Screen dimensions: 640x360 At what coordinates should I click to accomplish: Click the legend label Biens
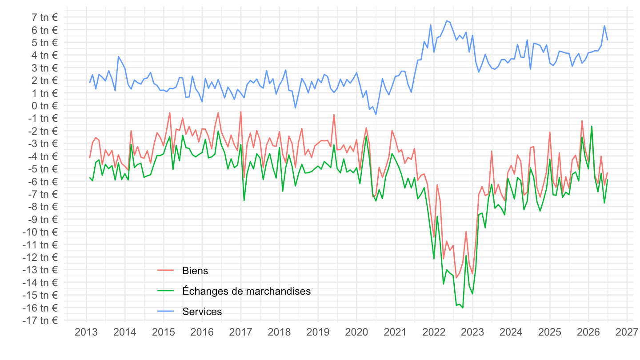click(195, 271)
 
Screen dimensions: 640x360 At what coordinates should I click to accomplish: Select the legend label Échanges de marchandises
click(246, 291)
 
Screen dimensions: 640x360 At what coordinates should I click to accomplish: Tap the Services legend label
click(202, 312)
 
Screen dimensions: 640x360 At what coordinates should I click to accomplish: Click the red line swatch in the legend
click(166, 270)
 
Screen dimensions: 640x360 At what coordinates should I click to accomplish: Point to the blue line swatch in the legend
click(166, 311)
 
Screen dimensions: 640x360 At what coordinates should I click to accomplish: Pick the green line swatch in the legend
click(166, 291)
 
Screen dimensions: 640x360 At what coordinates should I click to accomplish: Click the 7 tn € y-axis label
click(44, 17)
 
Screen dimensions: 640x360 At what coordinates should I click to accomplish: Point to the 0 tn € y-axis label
click(44, 106)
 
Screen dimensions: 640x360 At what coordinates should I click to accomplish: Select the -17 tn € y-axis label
click(40, 320)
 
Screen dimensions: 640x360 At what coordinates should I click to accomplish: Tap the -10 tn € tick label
click(40, 232)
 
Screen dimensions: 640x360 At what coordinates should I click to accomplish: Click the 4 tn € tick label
click(44, 55)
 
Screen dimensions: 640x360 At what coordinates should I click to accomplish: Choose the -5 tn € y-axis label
click(43, 169)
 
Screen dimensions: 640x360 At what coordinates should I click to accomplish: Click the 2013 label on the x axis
click(86, 332)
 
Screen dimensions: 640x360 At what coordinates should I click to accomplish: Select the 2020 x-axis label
click(356, 332)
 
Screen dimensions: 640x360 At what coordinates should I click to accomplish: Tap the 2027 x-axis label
click(627, 332)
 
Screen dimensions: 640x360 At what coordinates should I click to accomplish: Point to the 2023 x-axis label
click(472, 332)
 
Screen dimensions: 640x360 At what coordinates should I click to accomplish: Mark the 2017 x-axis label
click(240, 332)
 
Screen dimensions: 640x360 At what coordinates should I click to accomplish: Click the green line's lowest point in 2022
click(463, 308)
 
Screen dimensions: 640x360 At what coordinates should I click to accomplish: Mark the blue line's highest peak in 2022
click(447, 21)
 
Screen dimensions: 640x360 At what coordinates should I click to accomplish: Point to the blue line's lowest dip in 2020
click(376, 115)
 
